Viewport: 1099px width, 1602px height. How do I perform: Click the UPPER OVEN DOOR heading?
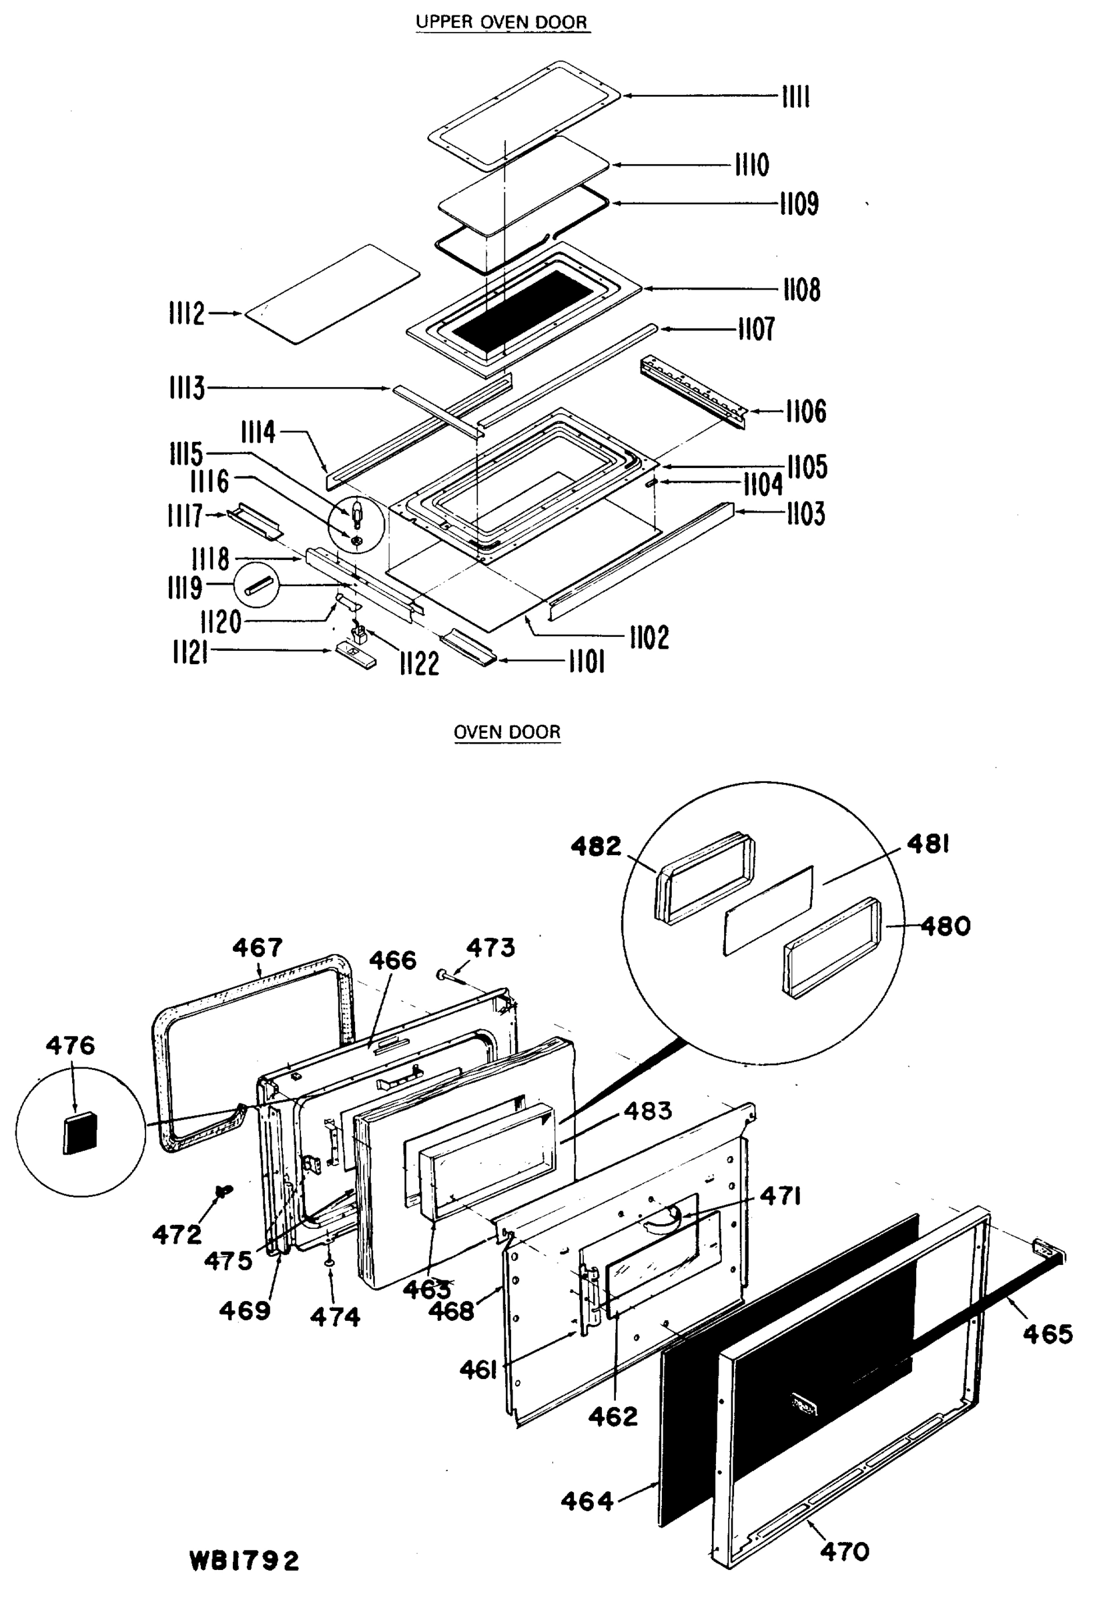tap(501, 21)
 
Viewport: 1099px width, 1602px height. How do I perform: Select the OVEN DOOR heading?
tap(506, 732)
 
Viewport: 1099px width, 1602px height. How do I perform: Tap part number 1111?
tap(795, 97)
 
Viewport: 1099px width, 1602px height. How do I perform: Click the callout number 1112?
tap(187, 314)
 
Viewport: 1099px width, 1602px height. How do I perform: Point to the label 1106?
tap(805, 412)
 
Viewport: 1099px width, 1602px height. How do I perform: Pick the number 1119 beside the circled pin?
tap(185, 587)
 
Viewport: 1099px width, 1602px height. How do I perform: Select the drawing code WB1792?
tap(245, 1561)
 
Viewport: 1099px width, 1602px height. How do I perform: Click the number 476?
tap(70, 1046)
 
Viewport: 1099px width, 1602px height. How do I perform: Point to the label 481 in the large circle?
tap(928, 844)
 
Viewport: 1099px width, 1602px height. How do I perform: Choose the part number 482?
tap(595, 846)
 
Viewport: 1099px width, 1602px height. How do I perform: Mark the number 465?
tap(1048, 1334)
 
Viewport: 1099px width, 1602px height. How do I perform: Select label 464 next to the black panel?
tap(587, 1501)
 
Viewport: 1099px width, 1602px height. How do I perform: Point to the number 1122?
tap(419, 663)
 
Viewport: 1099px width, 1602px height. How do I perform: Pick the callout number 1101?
tap(587, 662)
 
